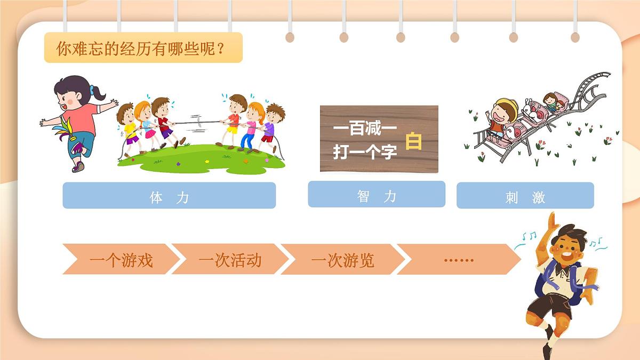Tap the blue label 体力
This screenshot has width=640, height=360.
point(169,196)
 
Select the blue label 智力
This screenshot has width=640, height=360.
point(377,195)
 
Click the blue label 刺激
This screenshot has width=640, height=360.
point(525,196)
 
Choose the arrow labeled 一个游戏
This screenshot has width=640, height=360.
point(121,260)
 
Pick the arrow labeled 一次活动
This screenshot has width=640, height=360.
point(230,260)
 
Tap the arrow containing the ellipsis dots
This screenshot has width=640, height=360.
point(458,260)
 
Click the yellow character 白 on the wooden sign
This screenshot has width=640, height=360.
point(414,141)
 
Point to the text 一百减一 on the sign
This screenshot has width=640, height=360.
point(357,129)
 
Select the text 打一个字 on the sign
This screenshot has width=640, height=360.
point(365,153)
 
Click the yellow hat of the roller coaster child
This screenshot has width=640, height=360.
point(505,105)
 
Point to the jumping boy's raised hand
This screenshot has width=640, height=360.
point(553,220)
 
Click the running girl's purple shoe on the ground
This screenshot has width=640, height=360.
point(78,166)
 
